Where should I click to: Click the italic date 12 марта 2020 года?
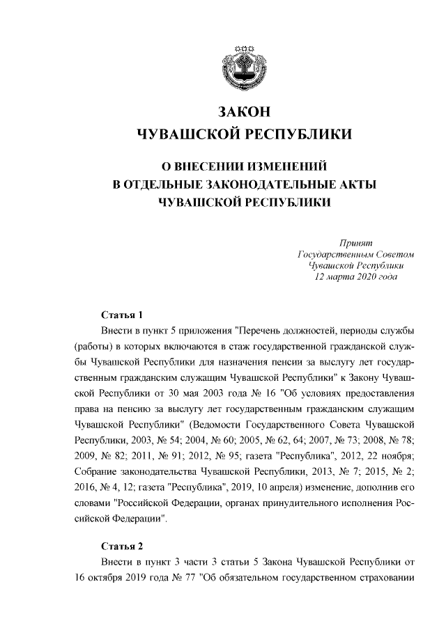click(357, 277)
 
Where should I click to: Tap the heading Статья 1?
click(122, 314)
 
